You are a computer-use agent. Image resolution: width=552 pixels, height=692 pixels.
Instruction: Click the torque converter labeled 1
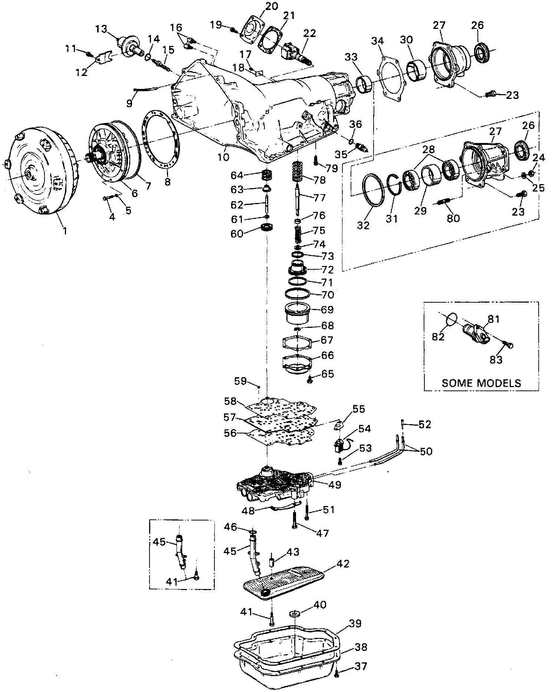(41, 170)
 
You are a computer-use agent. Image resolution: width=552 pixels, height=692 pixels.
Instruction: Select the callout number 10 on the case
(223, 157)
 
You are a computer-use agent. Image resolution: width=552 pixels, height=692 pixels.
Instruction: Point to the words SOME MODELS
(481, 383)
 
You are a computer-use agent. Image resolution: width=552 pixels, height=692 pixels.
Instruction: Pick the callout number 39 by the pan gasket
(355, 623)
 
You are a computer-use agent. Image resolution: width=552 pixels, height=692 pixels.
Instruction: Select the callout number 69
(327, 309)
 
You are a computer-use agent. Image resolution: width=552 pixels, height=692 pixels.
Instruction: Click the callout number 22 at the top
(309, 33)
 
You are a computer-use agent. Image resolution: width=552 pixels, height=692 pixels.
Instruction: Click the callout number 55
(359, 409)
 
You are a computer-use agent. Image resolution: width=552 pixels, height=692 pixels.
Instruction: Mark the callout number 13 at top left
(101, 29)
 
